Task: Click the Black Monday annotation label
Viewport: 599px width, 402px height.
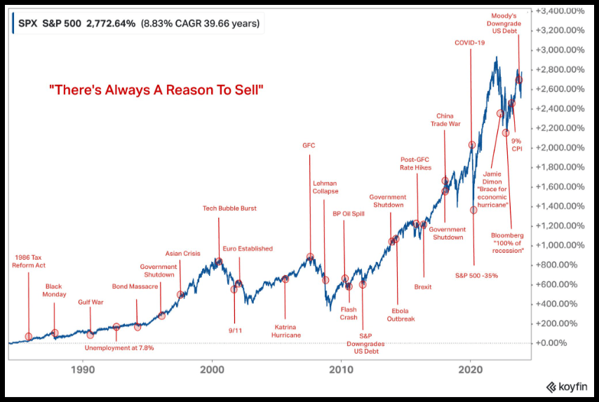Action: point(55,290)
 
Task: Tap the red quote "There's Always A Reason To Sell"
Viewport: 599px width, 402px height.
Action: point(156,90)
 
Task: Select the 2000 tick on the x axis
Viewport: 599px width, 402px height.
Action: point(212,369)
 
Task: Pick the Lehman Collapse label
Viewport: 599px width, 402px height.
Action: point(325,187)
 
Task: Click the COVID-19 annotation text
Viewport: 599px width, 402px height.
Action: point(469,43)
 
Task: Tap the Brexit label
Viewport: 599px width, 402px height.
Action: point(423,286)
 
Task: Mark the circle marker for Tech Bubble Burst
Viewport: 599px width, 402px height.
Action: point(219,261)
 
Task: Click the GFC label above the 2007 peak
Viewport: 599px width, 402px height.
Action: point(309,146)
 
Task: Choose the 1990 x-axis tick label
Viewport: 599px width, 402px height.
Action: point(83,369)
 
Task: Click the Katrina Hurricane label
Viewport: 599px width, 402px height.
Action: point(286,331)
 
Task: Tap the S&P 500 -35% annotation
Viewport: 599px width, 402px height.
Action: point(476,275)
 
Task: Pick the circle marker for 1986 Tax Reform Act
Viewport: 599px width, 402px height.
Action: point(29,337)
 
